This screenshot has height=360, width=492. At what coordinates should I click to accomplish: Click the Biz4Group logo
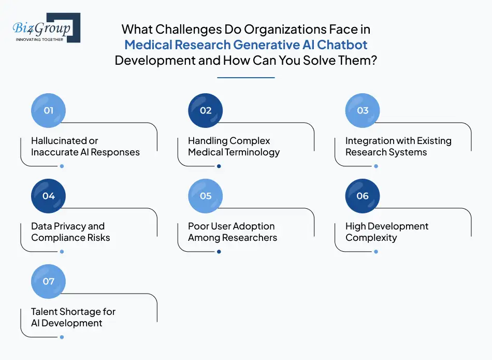pyautogui.click(x=46, y=27)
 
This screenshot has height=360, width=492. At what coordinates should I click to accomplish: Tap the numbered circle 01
pyautogui.click(x=48, y=110)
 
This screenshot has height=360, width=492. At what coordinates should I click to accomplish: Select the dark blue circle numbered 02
pyautogui.click(x=206, y=110)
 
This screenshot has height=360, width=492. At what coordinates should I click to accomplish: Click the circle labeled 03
pyautogui.click(x=363, y=110)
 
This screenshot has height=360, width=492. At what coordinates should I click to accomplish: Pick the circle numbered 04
pyautogui.click(x=48, y=196)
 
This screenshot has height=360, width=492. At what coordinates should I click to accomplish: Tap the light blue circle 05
pyautogui.click(x=206, y=196)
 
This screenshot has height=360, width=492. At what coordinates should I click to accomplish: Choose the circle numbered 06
pyautogui.click(x=363, y=196)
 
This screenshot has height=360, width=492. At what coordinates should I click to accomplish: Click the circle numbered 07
pyautogui.click(x=48, y=281)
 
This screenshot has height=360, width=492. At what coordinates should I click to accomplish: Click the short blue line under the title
pyautogui.click(x=245, y=78)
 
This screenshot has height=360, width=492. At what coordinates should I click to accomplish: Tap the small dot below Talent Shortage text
pyautogui.click(x=62, y=337)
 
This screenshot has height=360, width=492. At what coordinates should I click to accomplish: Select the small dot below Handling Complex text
pyautogui.click(x=219, y=166)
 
